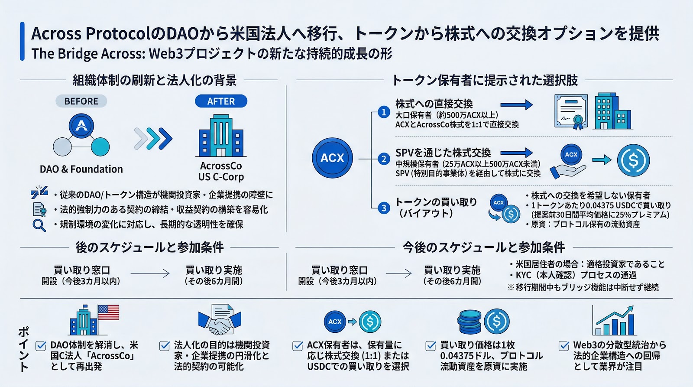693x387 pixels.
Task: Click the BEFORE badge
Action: pos(81,101)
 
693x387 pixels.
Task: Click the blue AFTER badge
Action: pos(221,101)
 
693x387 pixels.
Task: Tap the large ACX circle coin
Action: pos(332,158)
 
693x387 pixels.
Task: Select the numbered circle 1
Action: pos(384,112)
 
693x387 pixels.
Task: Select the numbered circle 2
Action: pos(384,159)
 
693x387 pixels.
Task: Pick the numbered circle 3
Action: pos(384,208)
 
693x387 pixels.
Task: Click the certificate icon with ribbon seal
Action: pos(571,111)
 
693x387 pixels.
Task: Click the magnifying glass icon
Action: pos(39,225)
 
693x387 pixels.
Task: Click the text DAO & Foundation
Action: pos(81,169)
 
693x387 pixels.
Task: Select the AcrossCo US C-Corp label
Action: pos(221,171)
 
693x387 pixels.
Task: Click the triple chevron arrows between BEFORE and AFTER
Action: pos(153,139)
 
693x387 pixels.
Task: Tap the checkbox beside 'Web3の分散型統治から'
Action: pos(564,346)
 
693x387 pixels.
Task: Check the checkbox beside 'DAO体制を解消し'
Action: pos(41,346)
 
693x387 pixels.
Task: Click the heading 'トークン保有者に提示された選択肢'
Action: pos(485,80)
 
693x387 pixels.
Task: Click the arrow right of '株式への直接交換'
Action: pos(516,104)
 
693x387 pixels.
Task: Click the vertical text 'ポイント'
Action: pos(24,349)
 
